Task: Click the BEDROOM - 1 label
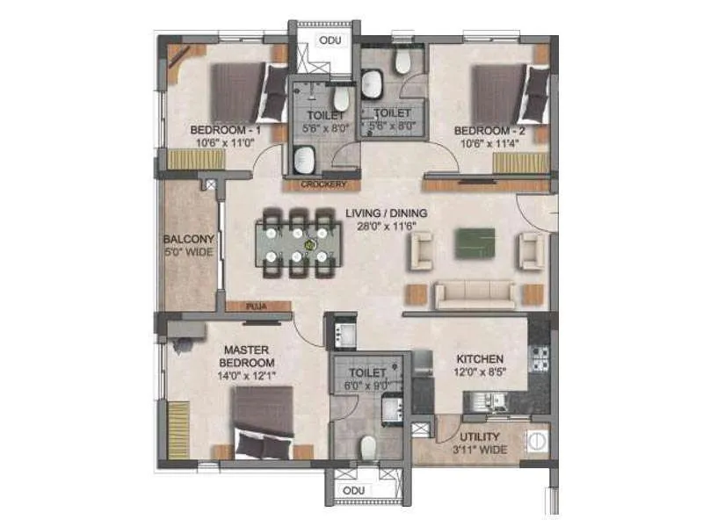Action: tap(225, 131)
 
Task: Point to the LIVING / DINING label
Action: tap(386, 213)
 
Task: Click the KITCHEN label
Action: tap(480, 358)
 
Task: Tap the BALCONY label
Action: tap(189, 239)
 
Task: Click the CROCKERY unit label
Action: tap(323, 184)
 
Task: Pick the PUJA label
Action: tap(257, 307)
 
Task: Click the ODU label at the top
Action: tap(330, 40)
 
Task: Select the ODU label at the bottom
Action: tap(353, 490)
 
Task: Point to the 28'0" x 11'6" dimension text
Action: tap(386, 227)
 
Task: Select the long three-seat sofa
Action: tap(475, 294)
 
